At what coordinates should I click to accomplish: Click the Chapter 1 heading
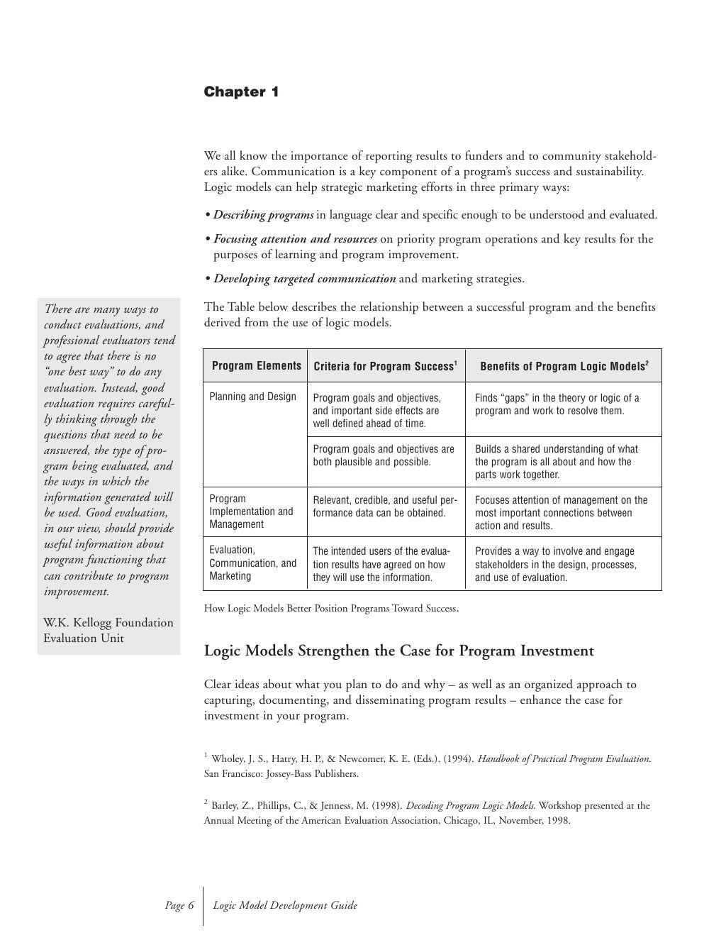click(241, 92)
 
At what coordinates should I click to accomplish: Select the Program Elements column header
click(256, 366)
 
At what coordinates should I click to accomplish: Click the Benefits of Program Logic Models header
click(564, 367)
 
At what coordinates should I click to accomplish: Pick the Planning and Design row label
click(252, 397)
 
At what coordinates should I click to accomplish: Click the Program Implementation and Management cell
click(251, 512)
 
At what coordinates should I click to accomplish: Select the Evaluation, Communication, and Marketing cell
click(252, 563)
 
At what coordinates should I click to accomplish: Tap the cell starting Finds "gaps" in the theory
click(557, 404)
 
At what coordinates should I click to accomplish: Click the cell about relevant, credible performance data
click(385, 507)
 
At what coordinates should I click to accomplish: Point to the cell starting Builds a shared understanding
click(556, 462)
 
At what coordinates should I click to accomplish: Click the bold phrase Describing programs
click(264, 215)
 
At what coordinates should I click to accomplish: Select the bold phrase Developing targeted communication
click(305, 279)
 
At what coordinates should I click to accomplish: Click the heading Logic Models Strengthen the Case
click(398, 651)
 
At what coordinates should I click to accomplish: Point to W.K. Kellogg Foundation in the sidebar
click(108, 623)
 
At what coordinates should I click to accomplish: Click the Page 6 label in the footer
click(179, 905)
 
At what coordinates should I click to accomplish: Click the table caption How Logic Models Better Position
click(330, 609)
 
